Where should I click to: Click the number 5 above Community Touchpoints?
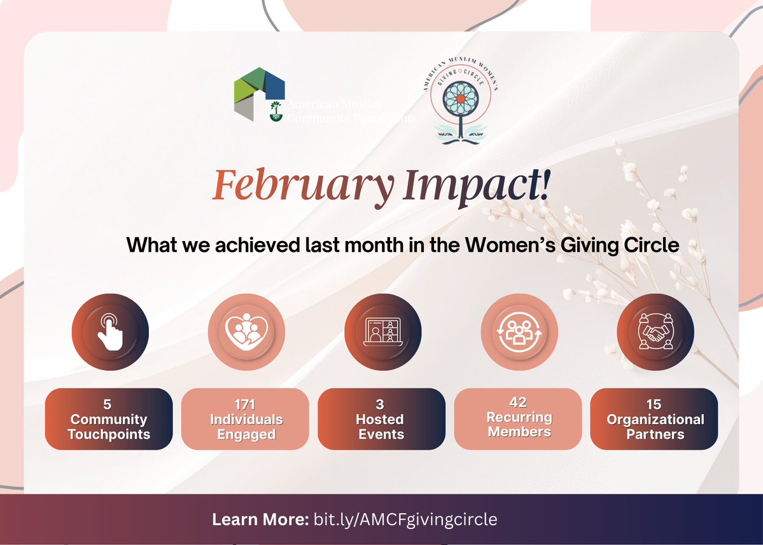pos(108,404)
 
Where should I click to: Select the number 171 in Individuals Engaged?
pos(245,404)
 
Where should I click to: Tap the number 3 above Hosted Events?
pos(381,404)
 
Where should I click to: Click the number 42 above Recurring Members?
pos(518,402)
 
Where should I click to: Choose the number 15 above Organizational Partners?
pos(654,404)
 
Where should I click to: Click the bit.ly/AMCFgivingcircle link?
pos(405,519)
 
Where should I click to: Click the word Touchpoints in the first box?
pos(109,435)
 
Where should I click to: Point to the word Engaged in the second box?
pos(246,435)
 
